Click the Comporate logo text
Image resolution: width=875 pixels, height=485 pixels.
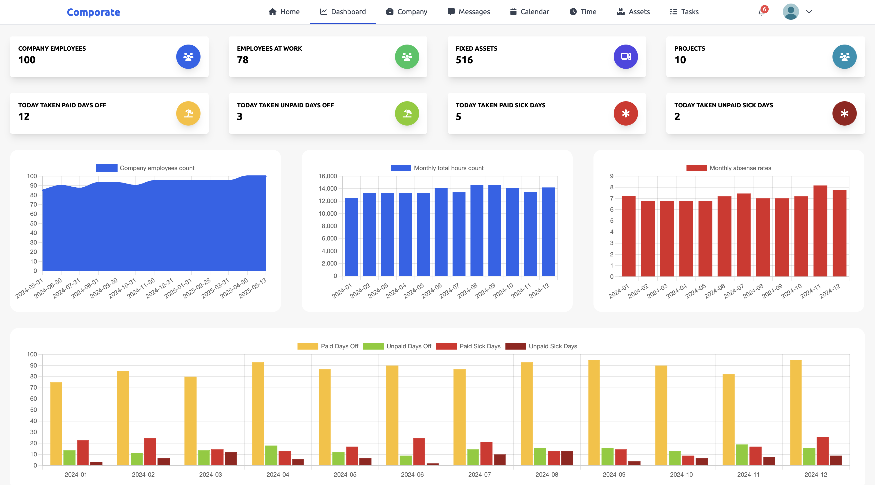click(93, 12)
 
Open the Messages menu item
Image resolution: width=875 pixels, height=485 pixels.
click(469, 12)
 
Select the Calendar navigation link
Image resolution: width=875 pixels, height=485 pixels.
click(530, 12)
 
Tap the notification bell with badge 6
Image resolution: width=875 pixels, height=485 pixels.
click(762, 12)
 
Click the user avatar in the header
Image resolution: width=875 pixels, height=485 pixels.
click(791, 12)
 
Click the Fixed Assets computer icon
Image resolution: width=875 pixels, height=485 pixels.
click(625, 57)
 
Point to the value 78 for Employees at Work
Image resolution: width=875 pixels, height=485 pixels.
click(243, 60)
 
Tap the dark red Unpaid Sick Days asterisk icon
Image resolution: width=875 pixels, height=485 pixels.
click(844, 113)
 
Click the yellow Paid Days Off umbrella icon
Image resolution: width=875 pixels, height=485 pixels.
click(188, 113)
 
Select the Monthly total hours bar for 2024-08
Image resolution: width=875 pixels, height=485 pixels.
click(476, 231)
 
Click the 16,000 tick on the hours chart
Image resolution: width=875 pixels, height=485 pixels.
click(327, 176)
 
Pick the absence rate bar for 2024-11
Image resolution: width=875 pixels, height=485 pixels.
click(820, 231)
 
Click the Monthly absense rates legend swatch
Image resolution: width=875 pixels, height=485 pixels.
click(696, 168)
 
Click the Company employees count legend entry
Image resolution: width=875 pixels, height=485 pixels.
click(145, 168)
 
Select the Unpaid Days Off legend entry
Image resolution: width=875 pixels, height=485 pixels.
click(397, 346)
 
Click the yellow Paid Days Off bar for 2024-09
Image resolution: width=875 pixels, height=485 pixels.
click(594, 413)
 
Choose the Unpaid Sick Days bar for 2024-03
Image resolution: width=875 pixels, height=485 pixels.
click(231, 459)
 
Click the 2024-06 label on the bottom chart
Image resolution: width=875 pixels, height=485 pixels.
click(412, 474)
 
